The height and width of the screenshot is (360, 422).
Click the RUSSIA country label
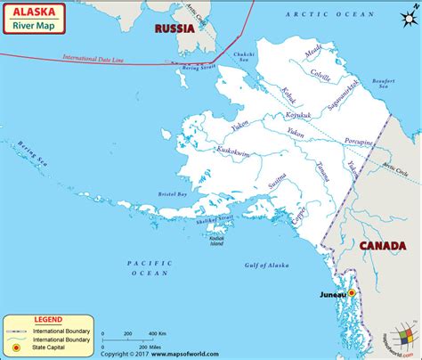pos(174,27)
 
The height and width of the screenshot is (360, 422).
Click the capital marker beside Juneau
pos(351,292)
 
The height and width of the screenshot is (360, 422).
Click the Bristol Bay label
pos(171,192)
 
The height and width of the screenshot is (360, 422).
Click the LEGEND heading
pos(48,318)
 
